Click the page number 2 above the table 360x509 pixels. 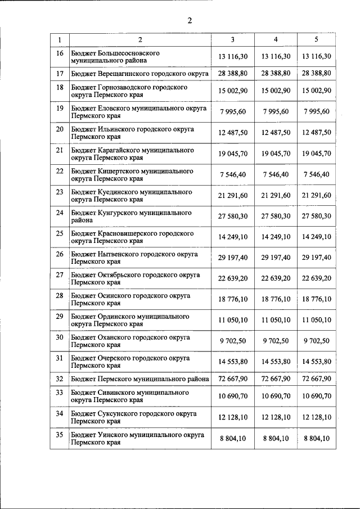click(190, 21)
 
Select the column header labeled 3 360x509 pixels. click(233, 39)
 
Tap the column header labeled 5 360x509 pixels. click(316, 39)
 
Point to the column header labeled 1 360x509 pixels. click(60, 39)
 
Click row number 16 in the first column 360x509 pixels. click(60, 53)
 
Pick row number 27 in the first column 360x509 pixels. click(60, 275)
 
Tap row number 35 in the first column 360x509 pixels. click(60, 435)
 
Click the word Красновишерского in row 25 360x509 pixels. click(125, 233)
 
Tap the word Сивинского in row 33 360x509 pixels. click(112, 392)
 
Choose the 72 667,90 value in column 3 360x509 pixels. click(233, 379)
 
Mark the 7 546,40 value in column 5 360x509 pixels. click(316, 174)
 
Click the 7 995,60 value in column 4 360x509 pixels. click(276, 111)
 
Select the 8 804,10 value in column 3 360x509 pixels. click(233, 439)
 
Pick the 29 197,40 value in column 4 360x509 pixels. click(276, 258)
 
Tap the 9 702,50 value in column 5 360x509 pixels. click(316, 341)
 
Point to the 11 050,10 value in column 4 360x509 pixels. click(276, 320)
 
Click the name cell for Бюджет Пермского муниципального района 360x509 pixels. click(140, 379)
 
